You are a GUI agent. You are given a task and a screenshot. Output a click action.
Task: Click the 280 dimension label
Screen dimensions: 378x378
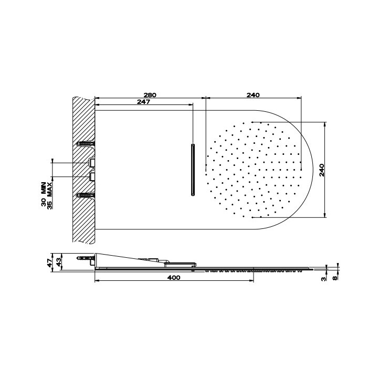(150, 94)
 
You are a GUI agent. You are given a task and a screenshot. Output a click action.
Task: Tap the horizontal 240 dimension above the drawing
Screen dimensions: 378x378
(253, 94)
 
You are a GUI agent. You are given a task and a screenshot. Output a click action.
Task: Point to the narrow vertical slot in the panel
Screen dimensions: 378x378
(193, 169)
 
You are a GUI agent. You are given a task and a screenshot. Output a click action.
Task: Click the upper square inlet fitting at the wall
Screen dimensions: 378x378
(92, 162)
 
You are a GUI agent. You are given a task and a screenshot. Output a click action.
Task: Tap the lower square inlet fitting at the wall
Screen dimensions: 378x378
(92, 176)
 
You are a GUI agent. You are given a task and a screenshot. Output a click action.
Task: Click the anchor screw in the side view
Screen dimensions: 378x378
(85, 259)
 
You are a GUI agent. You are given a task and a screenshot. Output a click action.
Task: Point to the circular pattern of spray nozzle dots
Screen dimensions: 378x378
(254, 169)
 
